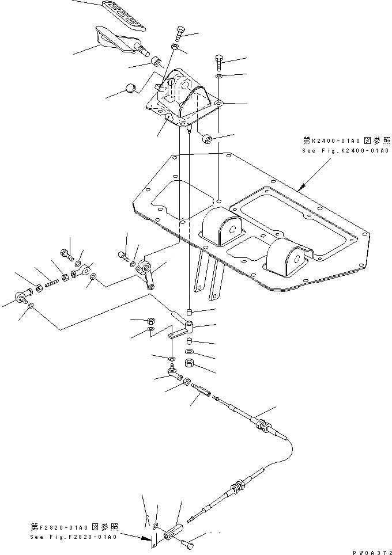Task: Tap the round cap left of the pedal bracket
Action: pos(130,88)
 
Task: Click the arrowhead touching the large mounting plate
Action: pos(301,189)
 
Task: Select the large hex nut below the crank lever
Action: pos(189,363)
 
